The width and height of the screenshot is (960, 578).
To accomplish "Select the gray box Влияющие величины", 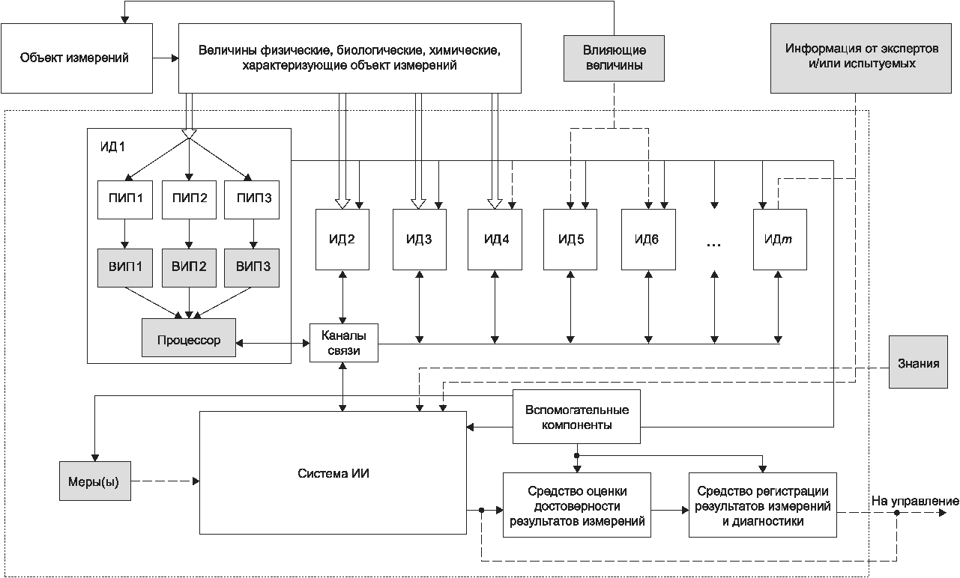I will click(614, 58).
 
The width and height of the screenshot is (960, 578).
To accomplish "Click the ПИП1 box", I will click(125, 199).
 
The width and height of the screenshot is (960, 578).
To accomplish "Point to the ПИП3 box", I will click(253, 199).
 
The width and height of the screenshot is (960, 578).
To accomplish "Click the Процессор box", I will click(189, 341).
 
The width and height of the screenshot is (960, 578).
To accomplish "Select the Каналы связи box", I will click(344, 342).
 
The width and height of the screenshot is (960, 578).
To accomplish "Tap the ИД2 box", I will click(342, 240).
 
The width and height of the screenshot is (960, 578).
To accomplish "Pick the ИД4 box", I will click(495, 240).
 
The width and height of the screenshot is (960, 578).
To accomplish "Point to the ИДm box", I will click(780, 240).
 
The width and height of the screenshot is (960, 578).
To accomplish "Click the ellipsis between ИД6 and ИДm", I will click(713, 243).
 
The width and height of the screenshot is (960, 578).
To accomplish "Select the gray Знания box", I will click(918, 363).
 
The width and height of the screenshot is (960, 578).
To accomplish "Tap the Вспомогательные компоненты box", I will click(576, 418).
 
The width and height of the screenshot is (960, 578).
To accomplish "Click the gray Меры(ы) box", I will click(94, 480).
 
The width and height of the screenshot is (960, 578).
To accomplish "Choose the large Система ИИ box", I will click(333, 473).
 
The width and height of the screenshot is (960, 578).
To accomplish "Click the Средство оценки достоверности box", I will click(576, 505).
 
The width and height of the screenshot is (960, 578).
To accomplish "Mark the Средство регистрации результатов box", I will click(762, 505).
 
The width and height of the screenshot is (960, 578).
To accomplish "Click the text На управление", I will click(914, 500).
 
